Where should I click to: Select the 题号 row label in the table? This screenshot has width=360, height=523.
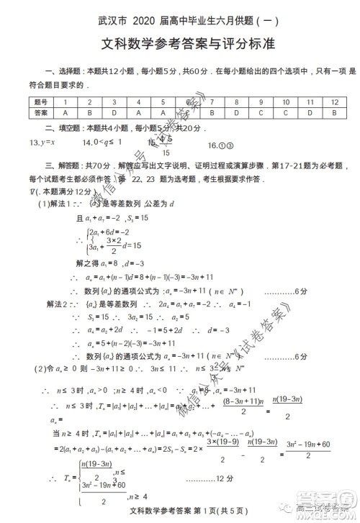pyautogui.click(x=40, y=102)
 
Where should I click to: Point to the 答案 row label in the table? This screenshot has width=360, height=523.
pyautogui.click(x=40, y=113)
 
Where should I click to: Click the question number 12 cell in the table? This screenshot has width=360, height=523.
pyautogui.click(x=333, y=102)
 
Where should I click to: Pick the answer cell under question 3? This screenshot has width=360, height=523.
pyautogui.click(x=113, y=113)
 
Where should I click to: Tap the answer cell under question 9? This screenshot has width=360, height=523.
pyautogui.click(x=261, y=113)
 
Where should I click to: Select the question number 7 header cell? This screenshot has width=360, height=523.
pyautogui.click(x=211, y=102)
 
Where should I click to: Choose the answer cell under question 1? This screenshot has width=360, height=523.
pyautogui.click(x=65, y=113)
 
